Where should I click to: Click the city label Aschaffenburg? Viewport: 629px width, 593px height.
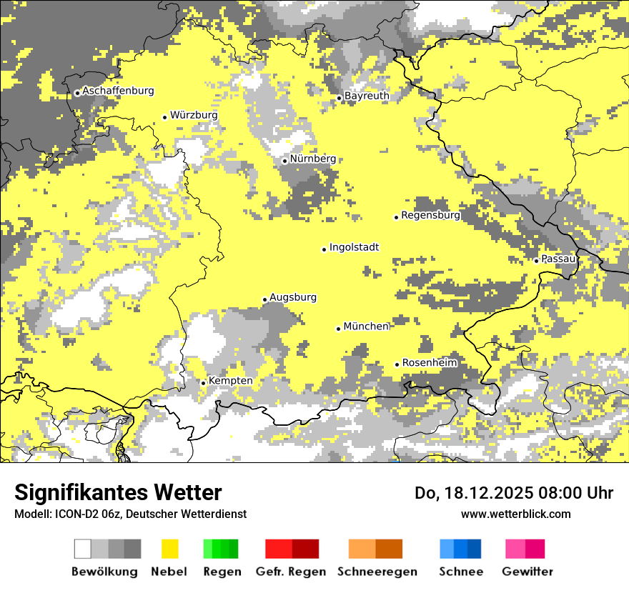pyautogui.click(x=118, y=91)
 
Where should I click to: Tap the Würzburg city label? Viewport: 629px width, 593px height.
pyautogui.click(x=194, y=115)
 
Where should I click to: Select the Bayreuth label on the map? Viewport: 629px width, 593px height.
pyautogui.click(x=367, y=96)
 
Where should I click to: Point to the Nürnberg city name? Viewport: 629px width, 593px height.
pyautogui.click(x=313, y=159)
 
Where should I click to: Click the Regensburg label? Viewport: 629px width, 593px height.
pyautogui.click(x=430, y=215)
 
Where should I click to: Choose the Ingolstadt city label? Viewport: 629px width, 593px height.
pyautogui.click(x=354, y=248)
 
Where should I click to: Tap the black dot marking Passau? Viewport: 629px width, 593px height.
pyautogui.click(x=536, y=261)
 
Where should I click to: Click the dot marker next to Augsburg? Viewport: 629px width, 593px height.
pyautogui.click(x=264, y=299)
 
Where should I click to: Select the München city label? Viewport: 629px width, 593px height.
pyautogui.click(x=366, y=327)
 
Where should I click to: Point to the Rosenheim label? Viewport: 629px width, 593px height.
pyautogui.click(x=429, y=363)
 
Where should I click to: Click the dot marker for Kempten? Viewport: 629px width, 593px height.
pyautogui.click(x=203, y=383)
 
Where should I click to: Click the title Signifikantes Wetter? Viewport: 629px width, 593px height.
pyautogui.click(x=118, y=493)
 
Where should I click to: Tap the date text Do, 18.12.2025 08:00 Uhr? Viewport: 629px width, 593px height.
pyautogui.click(x=514, y=493)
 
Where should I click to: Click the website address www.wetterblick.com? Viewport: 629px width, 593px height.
pyautogui.click(x=515, y=514)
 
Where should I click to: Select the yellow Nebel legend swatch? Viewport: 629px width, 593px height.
pyautogui.click(x=169, y=549)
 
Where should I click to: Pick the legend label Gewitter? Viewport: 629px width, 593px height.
pyautogui.click(x=528, y=572)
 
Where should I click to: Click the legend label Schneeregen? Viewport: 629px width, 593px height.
pyautogui.click(x=377, y=572)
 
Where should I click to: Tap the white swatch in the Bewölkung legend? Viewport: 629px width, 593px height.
pyautogui.click(x=82, y=549)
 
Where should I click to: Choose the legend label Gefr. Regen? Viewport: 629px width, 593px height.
pyautogui.click(x=290, y=572)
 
